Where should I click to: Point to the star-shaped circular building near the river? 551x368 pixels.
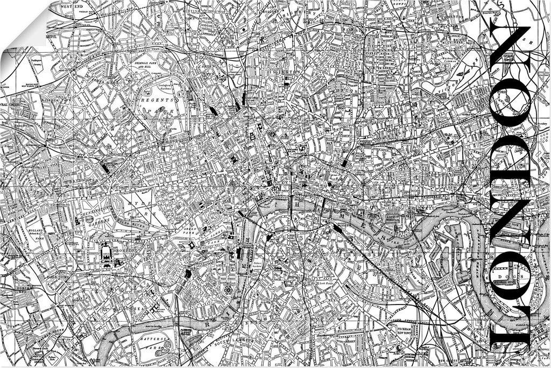228,290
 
